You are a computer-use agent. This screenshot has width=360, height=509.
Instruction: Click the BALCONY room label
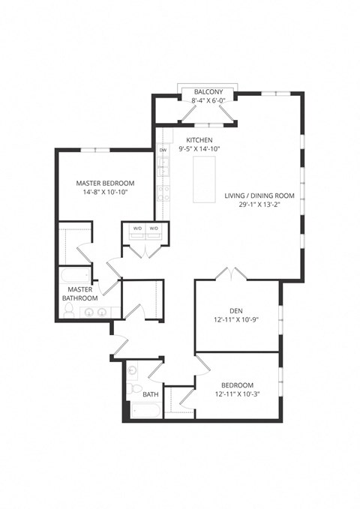pyautogui.click(x=205, y=90)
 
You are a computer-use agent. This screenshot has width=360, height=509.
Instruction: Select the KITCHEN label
pyautogui.click(x=199, y=140)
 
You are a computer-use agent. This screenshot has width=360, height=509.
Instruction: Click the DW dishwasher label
pyautogui.click(x=163, y=151)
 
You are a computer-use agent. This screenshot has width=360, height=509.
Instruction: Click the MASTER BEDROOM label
pyautogui.click(x=106, y=183)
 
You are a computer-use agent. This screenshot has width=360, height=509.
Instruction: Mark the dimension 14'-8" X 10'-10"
pyautogui.click(x=106, y=193)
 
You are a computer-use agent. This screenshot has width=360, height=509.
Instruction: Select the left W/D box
pyautogui.click(x=137, y=229)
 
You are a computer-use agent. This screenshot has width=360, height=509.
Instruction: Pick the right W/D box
pyautogui.click(x=154, y=229)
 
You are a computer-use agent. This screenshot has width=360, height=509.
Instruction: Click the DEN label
pyautogui.click(x=237, y=310)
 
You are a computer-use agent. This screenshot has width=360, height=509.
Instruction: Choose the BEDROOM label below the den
pyautogui.click(x=237, y=385)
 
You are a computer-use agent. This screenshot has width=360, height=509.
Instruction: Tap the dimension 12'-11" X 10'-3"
pyautogui.click(x=237, y=394)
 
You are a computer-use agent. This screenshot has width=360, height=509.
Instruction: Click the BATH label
pyautogui.click(x=151, y=394)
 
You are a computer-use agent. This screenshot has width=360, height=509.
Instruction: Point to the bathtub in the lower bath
pyautogui.click(x=145, y=412)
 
